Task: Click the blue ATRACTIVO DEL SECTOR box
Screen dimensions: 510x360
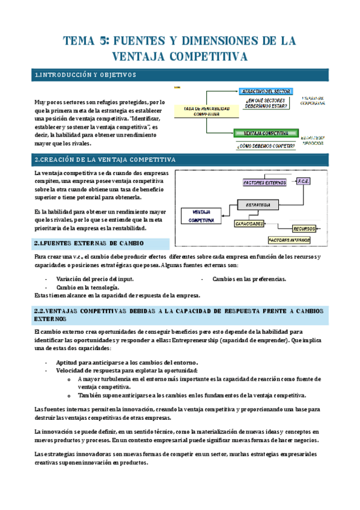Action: [265, 91]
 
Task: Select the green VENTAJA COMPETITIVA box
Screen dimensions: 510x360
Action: [265, 133]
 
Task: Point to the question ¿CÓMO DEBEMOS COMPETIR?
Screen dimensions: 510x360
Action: [265, 146]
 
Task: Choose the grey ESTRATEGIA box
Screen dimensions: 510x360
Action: [258, 205]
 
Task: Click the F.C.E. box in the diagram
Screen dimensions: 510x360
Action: [304, 180]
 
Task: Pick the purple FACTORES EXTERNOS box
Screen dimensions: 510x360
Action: [266, 182]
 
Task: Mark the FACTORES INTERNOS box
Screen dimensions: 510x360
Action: [289, 239]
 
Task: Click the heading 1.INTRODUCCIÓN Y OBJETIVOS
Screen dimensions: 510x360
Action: [86, 75]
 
